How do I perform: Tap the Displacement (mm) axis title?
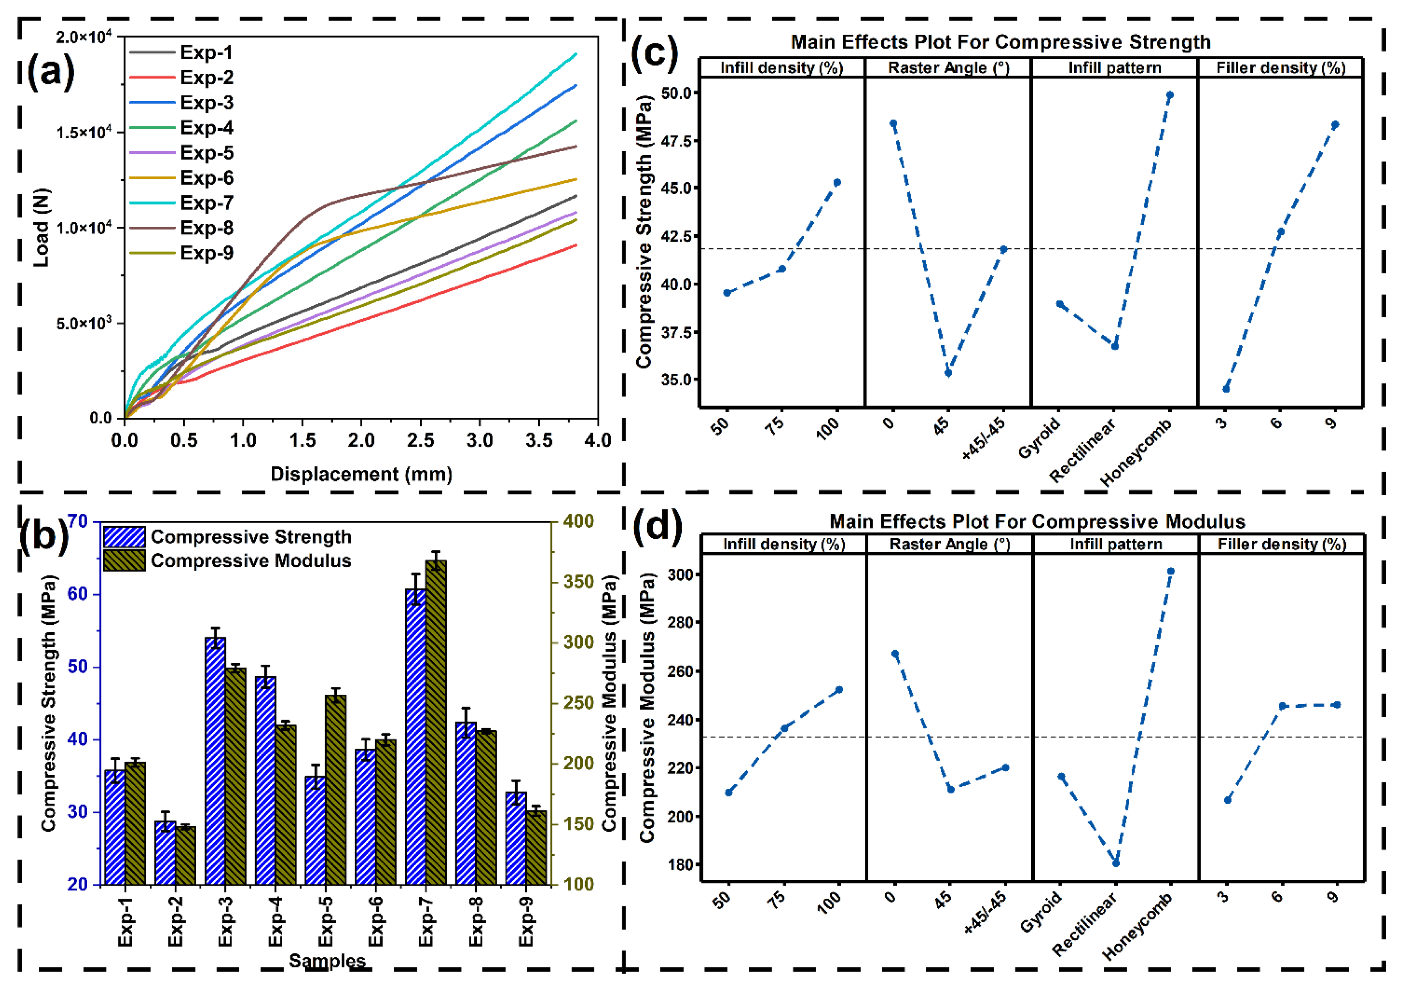pyautogui.click(x=361, y=474)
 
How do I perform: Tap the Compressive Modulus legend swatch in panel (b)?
pyautogui.click(x=124, y=560)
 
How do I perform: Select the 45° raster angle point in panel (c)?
pyautogui.click(x=948, y=373)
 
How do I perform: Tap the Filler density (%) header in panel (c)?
pyautogui.click(x=1280, y=68)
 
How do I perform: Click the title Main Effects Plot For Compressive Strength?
pyautogui.click(x=1001, y=42)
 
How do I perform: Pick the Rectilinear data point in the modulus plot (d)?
pyautogui.click(x=1116, y=863)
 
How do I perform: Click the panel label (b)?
pyautogui.click(x=44, y=535)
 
